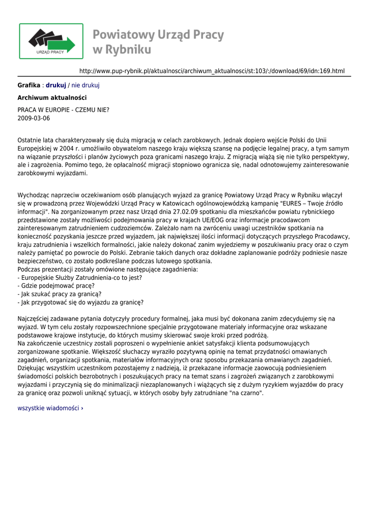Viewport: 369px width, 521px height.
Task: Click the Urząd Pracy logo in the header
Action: [x=51, y=41]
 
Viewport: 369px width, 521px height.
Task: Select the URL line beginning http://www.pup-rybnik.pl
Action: [x=212, y=71]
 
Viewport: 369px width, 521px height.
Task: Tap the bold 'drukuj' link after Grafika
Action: [x=56, y=85]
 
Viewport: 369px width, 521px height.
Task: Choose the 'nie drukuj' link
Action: [x=85, y=85]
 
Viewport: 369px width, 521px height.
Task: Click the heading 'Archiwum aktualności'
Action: [x=52, y=98]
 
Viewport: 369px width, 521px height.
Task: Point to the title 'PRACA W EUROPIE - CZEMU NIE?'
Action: [x=63, y=110]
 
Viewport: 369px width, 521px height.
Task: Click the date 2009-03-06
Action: [x=34, y=119]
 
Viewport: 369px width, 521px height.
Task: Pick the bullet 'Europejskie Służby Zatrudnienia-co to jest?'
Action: [x=80, y=278]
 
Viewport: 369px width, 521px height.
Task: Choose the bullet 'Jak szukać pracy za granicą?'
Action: [x=60, y=294]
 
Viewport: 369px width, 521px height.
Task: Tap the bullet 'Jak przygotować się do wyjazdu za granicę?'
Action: [x=80, y=302]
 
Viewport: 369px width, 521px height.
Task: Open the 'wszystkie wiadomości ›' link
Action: [x=50, y=408]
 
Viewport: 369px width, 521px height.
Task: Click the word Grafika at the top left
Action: [x=29, y=85]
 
